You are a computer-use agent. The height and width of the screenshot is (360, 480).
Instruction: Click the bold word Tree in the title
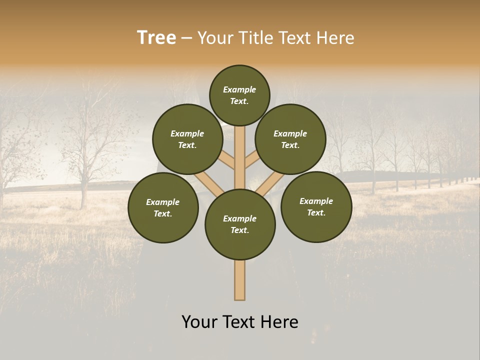156,38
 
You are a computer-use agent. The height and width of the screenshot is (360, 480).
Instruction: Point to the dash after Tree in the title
187,38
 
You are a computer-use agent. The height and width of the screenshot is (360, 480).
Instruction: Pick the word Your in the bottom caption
200,322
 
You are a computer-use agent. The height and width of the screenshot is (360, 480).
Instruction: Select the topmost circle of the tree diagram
239,95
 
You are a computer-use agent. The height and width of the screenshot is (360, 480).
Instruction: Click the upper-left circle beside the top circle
187,139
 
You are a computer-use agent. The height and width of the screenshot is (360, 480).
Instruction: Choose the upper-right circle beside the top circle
290,139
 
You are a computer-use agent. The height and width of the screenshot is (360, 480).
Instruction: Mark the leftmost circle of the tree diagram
163,207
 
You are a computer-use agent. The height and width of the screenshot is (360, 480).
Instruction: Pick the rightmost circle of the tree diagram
316,206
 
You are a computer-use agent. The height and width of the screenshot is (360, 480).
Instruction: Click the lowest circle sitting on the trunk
240,224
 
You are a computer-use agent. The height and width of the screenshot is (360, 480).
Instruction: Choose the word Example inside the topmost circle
239,89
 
